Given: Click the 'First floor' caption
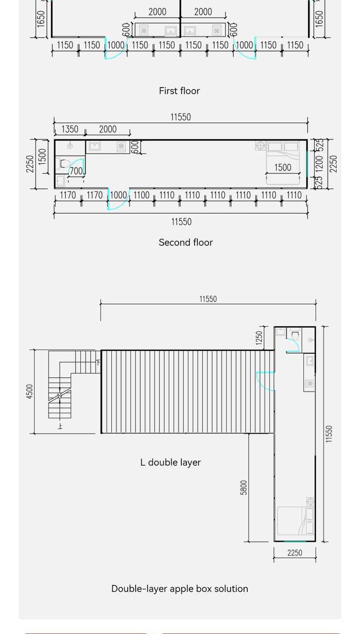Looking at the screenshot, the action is tap(179, 91).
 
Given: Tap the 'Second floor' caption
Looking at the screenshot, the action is tap(186, 242).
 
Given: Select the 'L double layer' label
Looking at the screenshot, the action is tap(170, 462).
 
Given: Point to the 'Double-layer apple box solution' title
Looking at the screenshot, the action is tap(180, 589).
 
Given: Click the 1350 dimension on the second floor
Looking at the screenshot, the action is tap(70, 129).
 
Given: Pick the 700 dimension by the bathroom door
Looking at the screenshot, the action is tap(76, 171).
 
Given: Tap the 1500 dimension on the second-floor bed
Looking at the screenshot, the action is tap(282, 168).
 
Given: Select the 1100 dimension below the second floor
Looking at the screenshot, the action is tap(141, 195).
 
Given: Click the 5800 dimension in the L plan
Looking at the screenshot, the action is tap(244, 488).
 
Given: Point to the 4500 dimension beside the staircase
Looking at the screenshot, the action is tap(29, 392).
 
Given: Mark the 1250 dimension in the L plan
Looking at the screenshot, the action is tap(259, 338).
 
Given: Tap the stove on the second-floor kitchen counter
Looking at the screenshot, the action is tap(121, 146).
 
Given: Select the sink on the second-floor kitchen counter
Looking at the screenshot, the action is tap(94, 146).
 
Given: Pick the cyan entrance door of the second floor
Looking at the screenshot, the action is tap(118, 199).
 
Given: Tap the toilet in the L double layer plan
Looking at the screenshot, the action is tap(295, 334).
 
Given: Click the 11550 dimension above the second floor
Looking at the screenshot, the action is tap(181, 117).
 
